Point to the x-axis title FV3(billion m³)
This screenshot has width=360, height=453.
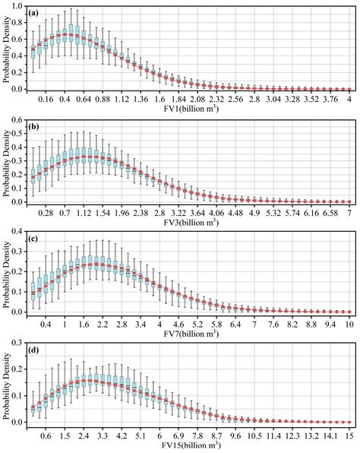(x=188, y=220)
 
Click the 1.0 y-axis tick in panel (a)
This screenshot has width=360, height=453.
(x=17, y=8)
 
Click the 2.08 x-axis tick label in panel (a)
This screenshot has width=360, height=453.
(x=197, y=99)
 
